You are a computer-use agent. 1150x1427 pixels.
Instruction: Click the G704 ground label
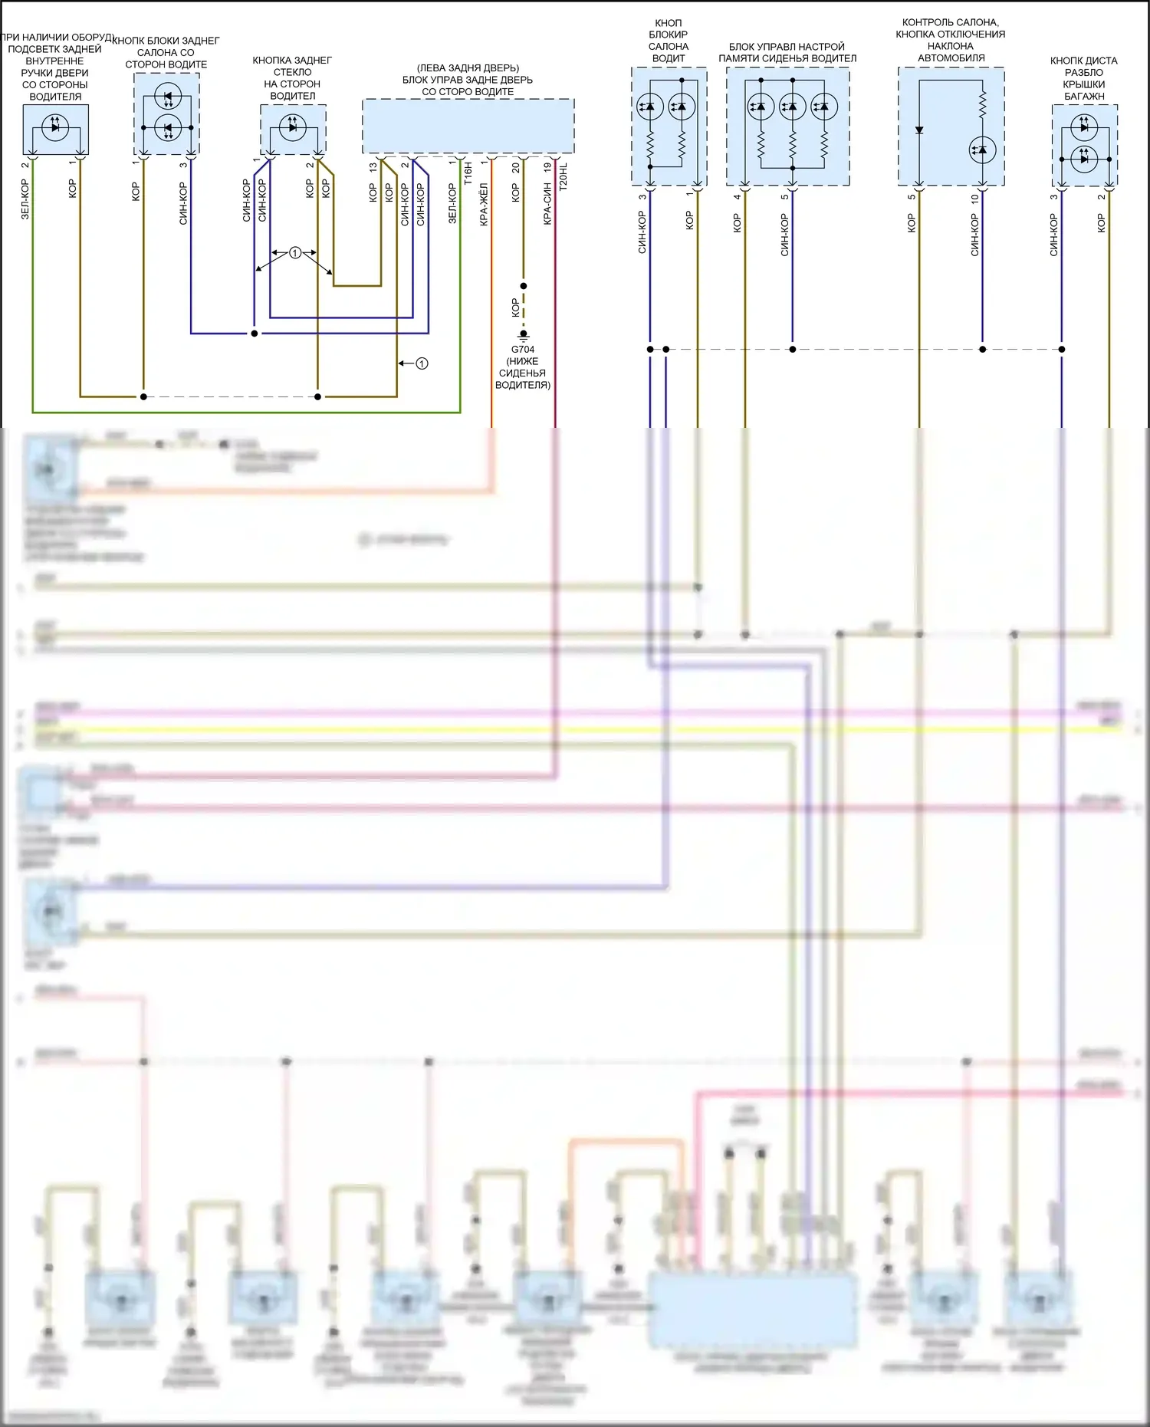523,350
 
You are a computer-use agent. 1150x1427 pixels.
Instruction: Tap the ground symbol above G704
524,335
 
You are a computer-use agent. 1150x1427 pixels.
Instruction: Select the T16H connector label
468,173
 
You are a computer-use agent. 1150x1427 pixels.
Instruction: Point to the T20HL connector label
563,177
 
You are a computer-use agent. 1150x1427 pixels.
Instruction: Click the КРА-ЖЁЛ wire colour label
484,204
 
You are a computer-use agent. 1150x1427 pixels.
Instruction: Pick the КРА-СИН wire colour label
547,204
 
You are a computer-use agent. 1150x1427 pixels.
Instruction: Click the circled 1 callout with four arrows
295,253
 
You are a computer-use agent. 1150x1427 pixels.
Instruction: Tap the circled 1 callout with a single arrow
422,363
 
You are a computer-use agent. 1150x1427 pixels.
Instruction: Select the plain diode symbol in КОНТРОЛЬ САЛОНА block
919,130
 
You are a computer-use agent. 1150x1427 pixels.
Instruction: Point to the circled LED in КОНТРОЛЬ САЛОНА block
982,150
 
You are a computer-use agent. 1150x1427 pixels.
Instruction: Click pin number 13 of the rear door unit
373,166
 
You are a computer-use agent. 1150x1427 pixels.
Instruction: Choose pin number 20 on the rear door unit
515,166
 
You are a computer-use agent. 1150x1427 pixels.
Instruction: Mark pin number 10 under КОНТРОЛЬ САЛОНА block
974,198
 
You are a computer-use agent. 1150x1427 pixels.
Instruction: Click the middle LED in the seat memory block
792,107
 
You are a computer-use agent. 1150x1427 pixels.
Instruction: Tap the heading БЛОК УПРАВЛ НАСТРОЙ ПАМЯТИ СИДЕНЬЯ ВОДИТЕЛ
787,52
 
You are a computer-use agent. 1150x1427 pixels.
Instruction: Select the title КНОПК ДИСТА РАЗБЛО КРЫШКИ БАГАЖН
1084,78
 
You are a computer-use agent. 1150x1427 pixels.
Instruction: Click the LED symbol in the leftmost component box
54,127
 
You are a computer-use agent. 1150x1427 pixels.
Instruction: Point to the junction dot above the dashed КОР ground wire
524,286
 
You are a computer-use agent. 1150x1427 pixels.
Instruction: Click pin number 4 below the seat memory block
737,197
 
